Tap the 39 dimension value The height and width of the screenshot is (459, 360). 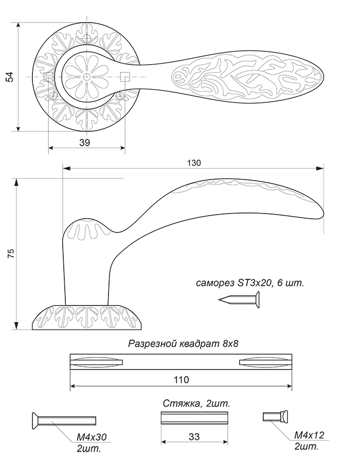click(84, 143)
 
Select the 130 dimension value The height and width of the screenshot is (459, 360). click(194, 163)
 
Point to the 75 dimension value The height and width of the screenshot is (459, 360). click(11, 253)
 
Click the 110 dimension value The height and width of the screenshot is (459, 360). click(182, 380)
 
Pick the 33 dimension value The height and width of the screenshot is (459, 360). click(194, 436)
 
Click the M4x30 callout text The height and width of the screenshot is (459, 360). click(92, 437)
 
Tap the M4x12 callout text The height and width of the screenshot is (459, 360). click(310, 435)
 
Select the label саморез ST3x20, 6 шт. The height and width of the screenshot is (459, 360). click(250, 283)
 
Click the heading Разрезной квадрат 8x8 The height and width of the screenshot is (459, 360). click(183, 343)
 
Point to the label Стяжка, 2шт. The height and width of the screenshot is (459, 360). click(196, 403)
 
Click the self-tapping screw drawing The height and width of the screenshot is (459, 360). click(239, 299)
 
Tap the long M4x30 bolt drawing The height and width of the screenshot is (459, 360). click(64, 420)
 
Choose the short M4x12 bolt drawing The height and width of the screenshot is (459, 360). click(276, 416)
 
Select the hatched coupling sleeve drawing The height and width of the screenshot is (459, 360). click(194, 418)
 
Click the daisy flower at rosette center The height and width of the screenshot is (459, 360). click(86, 77)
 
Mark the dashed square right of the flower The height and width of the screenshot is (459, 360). click(125, 77)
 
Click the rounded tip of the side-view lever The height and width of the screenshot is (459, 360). click(322, 211)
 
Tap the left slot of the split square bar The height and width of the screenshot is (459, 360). click(96, 362)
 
